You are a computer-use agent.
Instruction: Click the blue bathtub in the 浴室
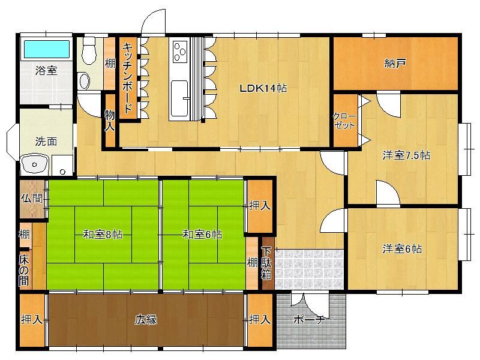[x=47, y=49]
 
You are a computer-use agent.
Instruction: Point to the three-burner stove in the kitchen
[x=180, y=51]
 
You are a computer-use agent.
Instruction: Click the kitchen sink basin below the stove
[x=179, y=98]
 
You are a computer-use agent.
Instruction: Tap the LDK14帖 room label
[x=263, y=88]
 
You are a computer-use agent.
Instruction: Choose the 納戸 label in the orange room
[x=395, y=64]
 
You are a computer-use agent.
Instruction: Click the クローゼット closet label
[x=344, y=121]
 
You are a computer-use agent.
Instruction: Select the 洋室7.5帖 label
[x=406, y=155]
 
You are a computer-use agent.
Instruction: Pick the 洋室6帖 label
[x=402, y=248]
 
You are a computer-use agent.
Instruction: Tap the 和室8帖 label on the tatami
[x=103, y=235]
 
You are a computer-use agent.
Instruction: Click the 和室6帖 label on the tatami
[x=202, y=235]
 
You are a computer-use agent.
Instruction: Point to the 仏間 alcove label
[x=32, y=198]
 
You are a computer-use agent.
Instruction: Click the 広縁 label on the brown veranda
[x=146, y=320]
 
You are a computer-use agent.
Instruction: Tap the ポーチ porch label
[x=308, y=320]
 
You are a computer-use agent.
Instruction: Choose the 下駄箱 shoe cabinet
[x=267, y=263]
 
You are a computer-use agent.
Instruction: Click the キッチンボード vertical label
[x=128, y=78]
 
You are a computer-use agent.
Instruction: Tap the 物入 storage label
[x=110, y=120]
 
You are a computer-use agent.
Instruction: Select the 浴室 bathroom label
[x=46, y=70]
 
